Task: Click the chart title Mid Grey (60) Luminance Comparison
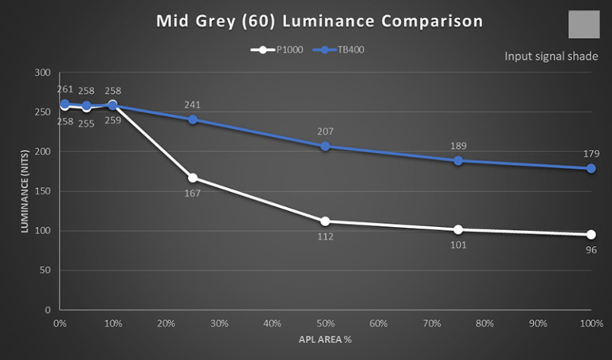319,22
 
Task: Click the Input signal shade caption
551,57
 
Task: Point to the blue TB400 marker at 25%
192,119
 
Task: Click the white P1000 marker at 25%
192,178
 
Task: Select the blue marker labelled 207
325,147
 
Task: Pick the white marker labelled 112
325,221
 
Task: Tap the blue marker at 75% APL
458,161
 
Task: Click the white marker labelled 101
458,229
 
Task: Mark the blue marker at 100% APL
591,169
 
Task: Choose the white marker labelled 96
591,234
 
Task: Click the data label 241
192,105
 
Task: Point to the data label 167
192,193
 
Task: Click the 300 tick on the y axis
42,72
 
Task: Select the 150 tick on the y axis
42,191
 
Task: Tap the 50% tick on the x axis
325,324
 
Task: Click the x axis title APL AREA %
325,339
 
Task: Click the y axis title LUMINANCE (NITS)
25,191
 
